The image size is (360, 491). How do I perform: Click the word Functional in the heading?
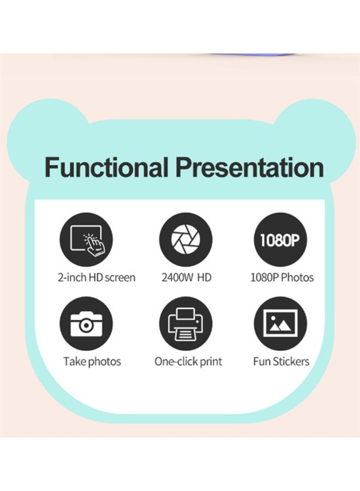tap(106, 167)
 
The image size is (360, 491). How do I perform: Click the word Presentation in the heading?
tap(249, 167)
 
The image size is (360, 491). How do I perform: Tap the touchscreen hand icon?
tap(86, 240)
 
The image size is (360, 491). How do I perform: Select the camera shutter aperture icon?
tap(185, 240)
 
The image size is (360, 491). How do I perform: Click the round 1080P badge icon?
tap(280, 240)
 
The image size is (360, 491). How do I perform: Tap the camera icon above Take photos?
tap(86, 324)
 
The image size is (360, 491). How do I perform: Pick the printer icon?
tap(185, 324)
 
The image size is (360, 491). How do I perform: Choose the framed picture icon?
tap(280, 324)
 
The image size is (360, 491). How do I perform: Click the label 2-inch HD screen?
tap(97, 278)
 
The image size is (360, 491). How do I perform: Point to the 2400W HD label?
tap(186, 278)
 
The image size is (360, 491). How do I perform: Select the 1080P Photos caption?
tap(282, 278)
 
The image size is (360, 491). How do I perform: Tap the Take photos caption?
tap(92, 362)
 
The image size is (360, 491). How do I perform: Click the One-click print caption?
tap(188, 362)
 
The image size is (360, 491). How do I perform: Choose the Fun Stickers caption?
tap(281, 361)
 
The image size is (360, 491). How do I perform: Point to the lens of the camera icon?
tap(86, 326)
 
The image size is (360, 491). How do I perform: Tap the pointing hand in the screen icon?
tap(95, 245)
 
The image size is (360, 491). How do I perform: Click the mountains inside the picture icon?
tap(280, 326)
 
